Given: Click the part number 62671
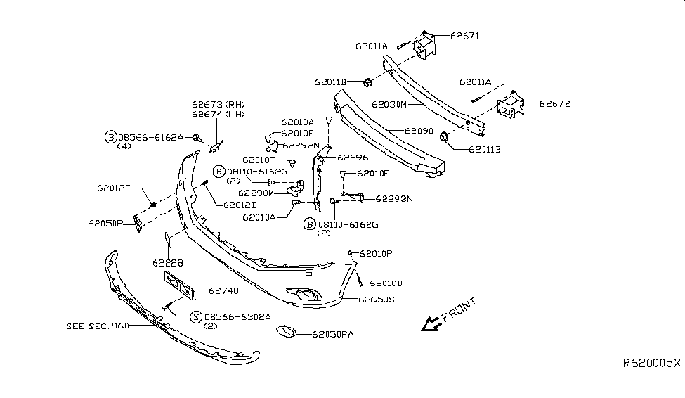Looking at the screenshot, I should [464, 36].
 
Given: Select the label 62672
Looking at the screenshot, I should [554, 104].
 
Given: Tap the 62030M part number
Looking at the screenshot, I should [389, 104].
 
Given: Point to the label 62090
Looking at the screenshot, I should [420, 131].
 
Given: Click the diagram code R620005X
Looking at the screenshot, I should [652, 364].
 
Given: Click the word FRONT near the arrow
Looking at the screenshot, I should [458, 309].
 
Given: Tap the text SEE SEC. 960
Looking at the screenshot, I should [98, 326].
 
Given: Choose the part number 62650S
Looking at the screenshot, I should [376, 299].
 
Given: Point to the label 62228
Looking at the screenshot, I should [167, 263].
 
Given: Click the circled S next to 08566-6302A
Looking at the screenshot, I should [196, 317].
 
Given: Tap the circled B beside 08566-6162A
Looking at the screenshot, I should [110, 137].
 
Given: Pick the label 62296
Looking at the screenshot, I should [353, 158].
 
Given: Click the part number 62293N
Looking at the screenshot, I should [393, 199].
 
